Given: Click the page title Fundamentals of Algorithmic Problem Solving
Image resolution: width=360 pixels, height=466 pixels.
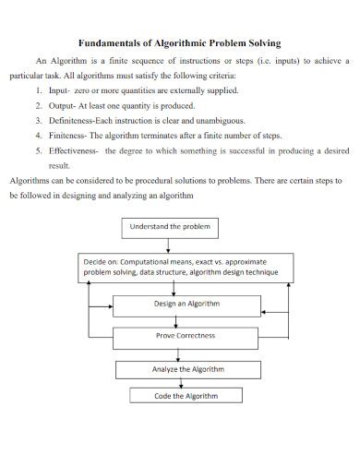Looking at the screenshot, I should pyautogui.click(x=180, y=42).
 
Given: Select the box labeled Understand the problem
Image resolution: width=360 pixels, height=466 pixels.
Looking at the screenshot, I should pyautogui.click(x=171, y=226).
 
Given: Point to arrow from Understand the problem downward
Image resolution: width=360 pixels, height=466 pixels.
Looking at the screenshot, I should pyautogui.click(x=172, y=245).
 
